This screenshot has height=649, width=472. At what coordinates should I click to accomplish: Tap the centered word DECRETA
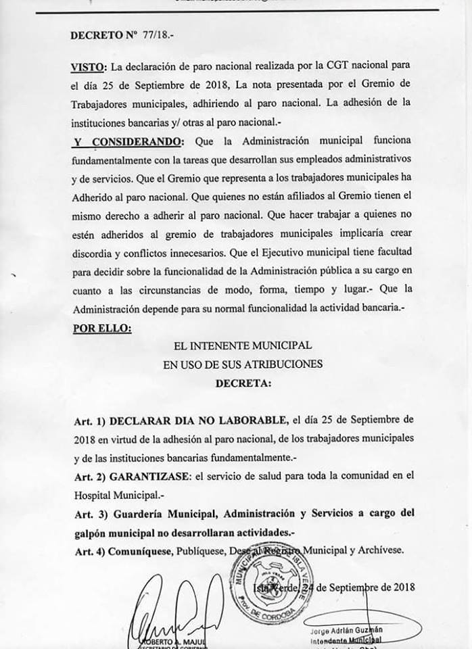click(x=242, y=383)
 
